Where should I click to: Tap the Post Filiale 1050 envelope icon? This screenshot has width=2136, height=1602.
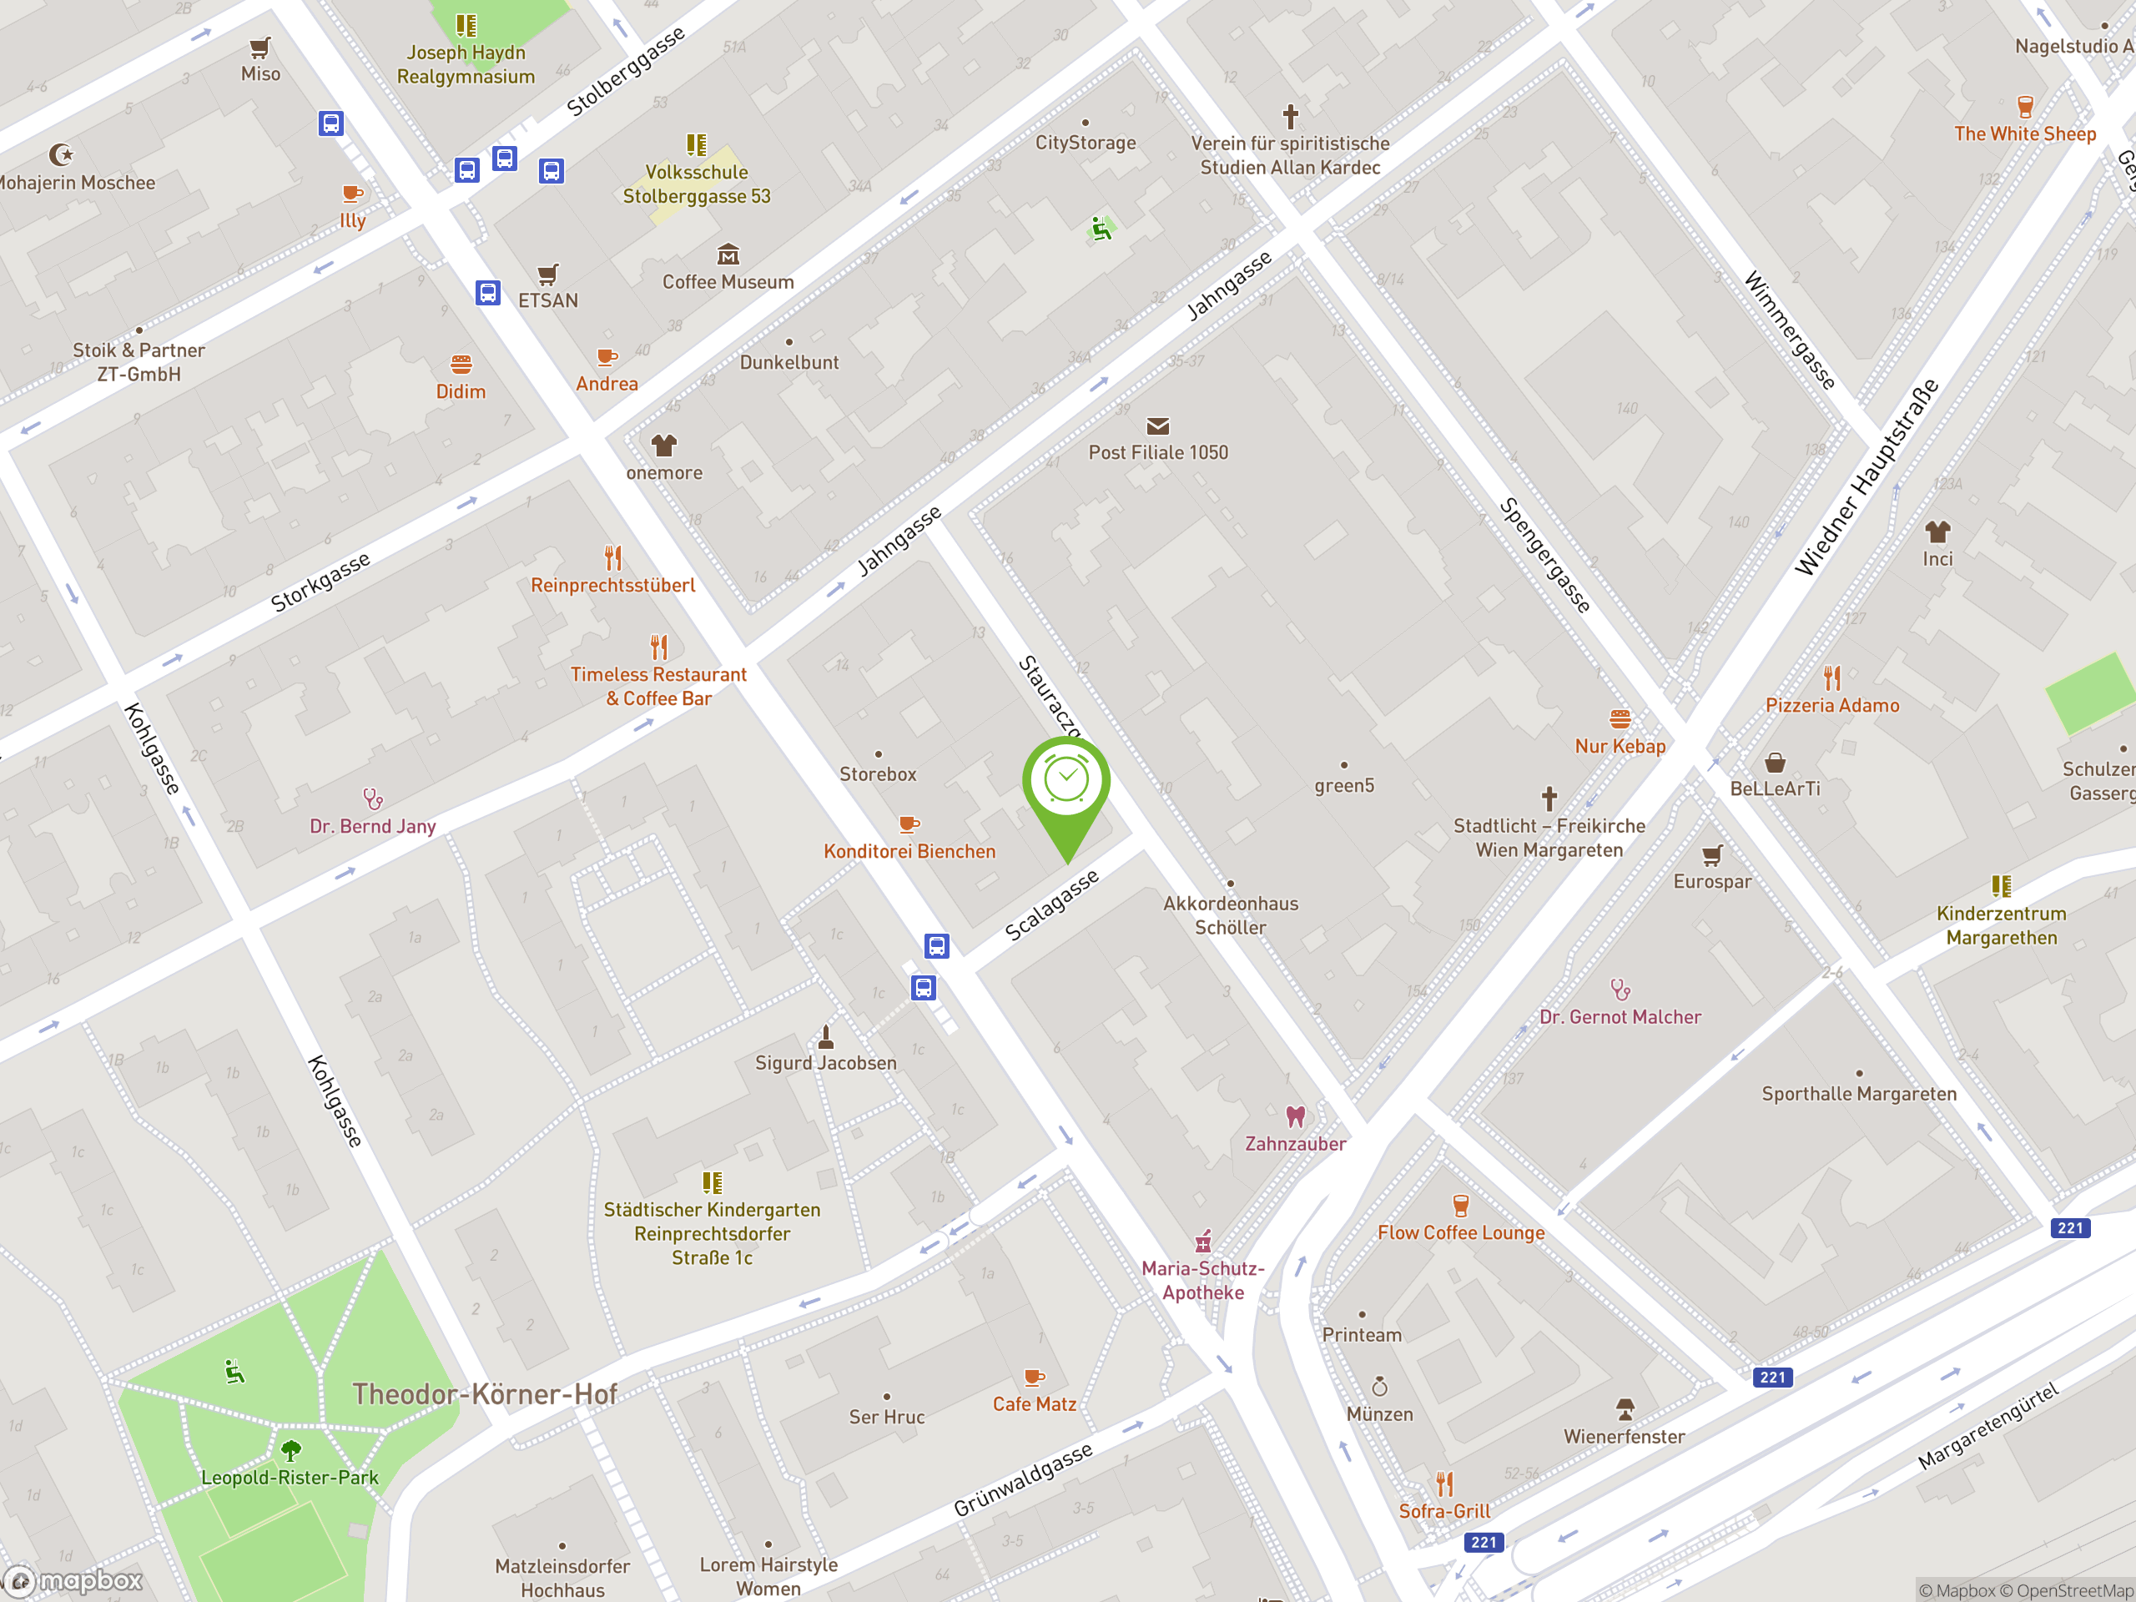[1158, 426]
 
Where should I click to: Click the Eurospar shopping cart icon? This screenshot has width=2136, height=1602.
[1712, 854]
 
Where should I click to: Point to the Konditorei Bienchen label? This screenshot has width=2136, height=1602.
[909, 852]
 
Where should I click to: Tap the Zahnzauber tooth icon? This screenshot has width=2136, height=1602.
[1295, 1116]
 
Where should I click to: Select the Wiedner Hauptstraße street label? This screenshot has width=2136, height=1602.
[1866, 477]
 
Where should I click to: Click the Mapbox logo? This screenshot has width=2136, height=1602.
[74, 1581]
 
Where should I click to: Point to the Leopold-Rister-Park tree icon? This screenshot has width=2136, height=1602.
[290, 1449]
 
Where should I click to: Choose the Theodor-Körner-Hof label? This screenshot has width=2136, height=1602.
[484, 1393]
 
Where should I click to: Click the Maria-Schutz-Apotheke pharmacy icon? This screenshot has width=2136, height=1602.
[1203, 1241]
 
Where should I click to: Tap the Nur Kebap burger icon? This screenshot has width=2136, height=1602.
[1620, 718]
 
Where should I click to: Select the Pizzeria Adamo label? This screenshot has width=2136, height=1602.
[1831, 706]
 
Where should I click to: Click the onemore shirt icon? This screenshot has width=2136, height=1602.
[663, 446]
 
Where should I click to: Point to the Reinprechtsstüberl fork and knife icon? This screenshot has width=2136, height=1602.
[613, 558]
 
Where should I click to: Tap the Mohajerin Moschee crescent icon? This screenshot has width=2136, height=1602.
[61, 154]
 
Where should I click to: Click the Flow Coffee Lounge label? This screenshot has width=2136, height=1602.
[1460, 1233]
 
